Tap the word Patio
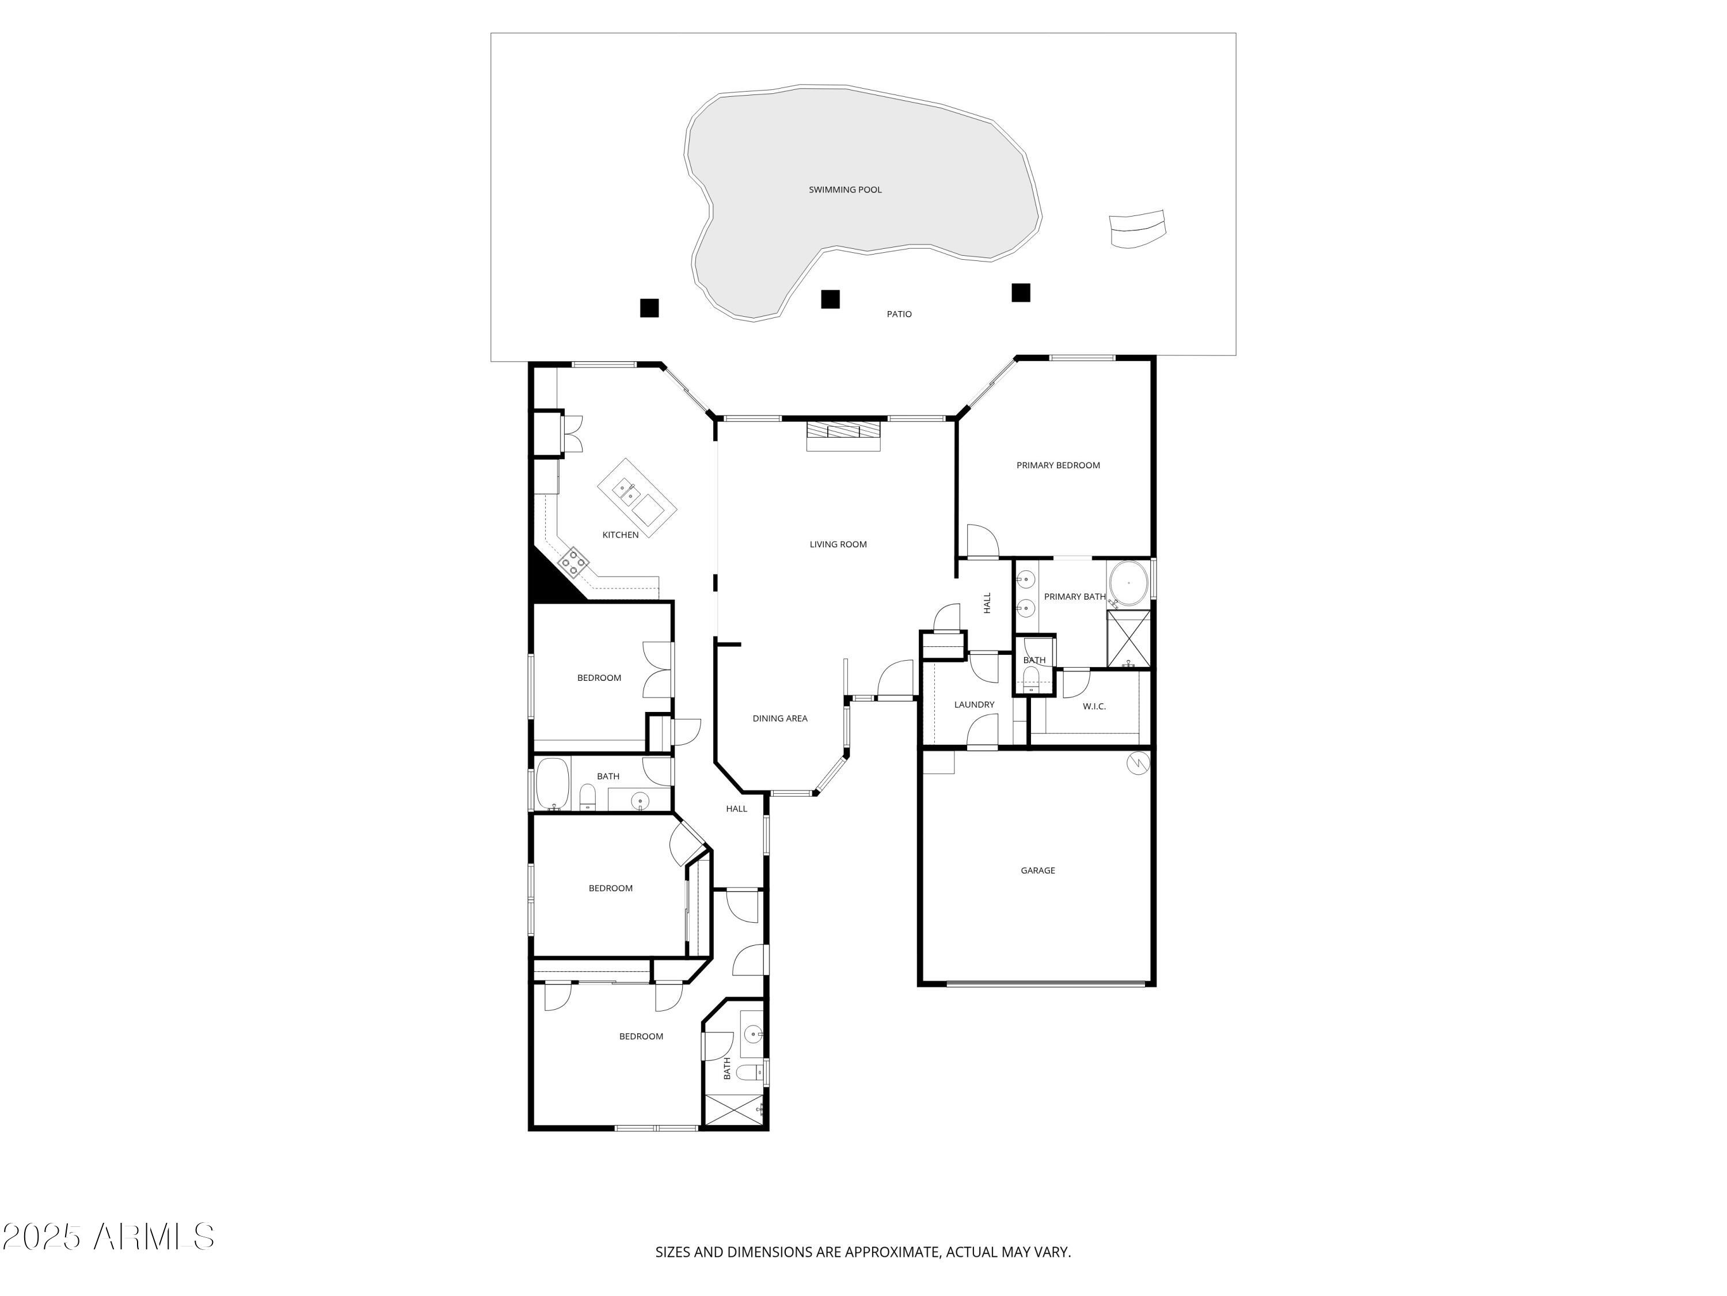[x=899, y=314]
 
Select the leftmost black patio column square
[x=649, y=308]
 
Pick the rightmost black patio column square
[x=1021, y=292]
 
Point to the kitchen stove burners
[x=574, y=562]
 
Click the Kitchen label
[x=620, y=535]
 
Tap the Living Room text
[x=838, y=544]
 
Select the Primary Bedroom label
[x=1058, y=465]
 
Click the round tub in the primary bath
[x=1128, y=583]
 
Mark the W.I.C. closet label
[x=1094, y=706]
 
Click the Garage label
[x=1037, y=870]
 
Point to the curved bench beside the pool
[x=1138, y=228]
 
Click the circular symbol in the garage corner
[x=1138, y=763]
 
